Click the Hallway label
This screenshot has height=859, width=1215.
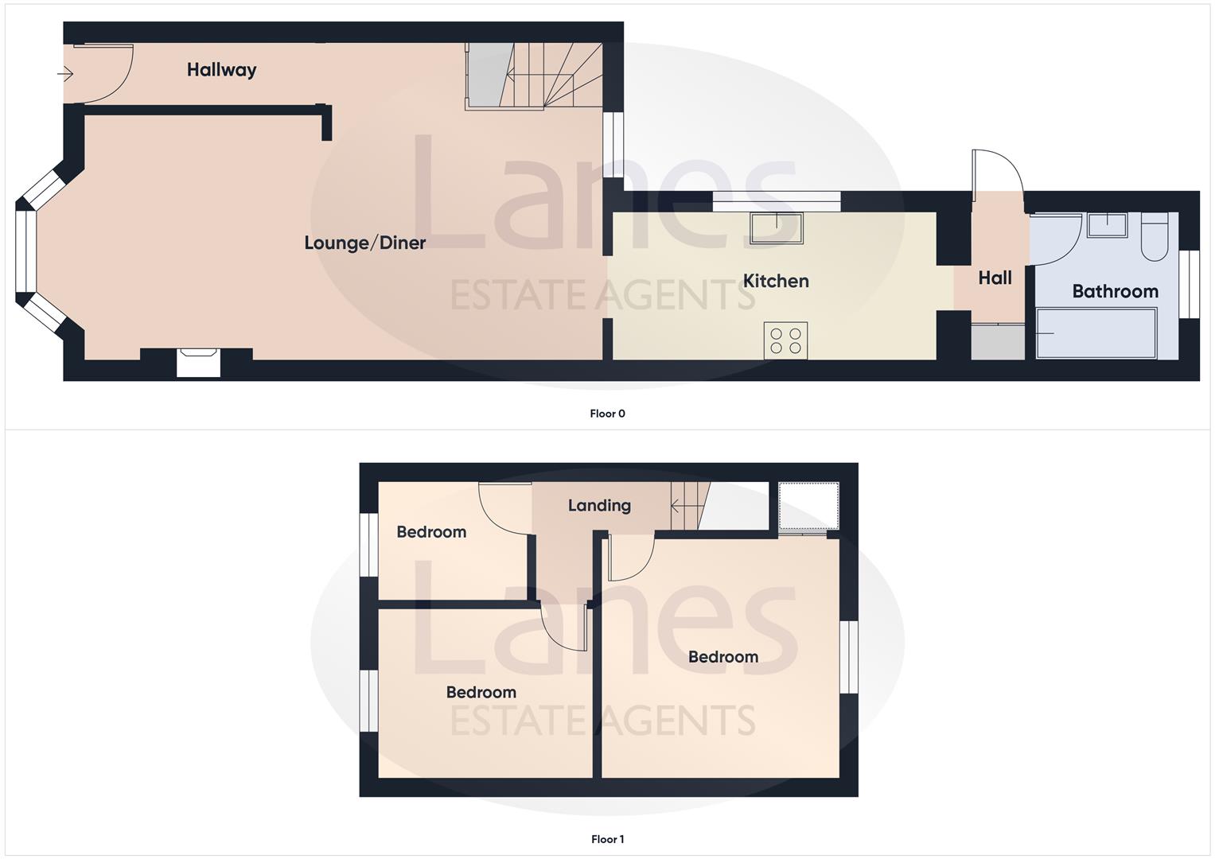pos(221,70)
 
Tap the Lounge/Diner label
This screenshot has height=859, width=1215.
pos(364,243)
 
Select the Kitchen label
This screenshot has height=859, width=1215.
pos(776,281)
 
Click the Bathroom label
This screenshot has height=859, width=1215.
pos(1115,291)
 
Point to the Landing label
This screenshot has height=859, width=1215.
pos(599,505)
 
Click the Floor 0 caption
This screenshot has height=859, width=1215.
pos(607,414)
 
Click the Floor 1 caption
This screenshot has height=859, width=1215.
pos(607,839)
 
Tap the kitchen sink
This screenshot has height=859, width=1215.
pos(776,227)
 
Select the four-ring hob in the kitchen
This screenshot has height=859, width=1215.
pos(785,340)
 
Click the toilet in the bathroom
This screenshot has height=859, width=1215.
pos(1154,236)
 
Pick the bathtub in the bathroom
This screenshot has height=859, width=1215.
pos(1096,333)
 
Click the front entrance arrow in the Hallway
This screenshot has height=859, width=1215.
pos(65,74)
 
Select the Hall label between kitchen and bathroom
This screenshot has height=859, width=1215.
pos(995,278)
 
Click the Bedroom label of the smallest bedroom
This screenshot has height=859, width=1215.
pos(431,532)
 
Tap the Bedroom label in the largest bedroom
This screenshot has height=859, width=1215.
pos(722,657)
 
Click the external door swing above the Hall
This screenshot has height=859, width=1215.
pos(996,171)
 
